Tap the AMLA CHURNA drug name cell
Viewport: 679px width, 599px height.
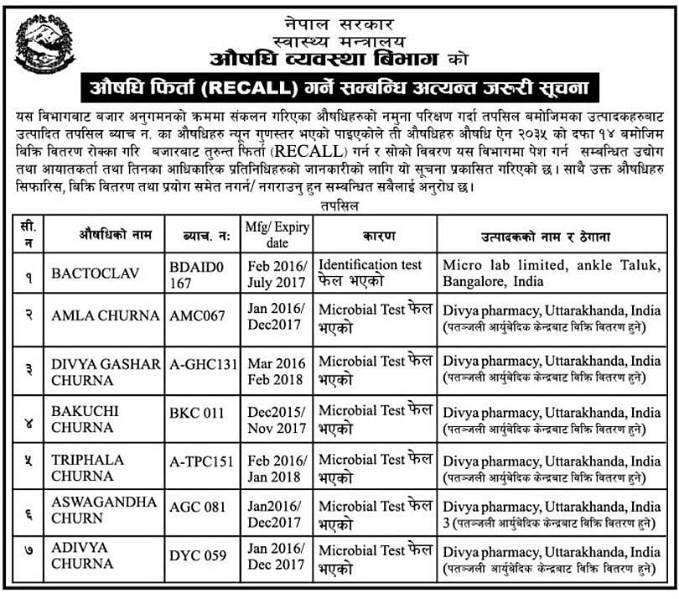coord(105,315)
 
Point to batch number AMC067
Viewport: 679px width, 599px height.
coord(197,315)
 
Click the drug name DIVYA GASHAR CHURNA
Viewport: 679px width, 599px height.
coord(105,371)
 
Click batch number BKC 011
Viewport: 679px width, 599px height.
coord(198,412)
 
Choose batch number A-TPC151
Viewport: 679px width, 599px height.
coord(202,461)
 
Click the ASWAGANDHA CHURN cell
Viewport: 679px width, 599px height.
coord(104,509)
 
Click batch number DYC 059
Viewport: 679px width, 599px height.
coord(198,555)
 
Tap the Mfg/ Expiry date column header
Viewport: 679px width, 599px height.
coord(277,234)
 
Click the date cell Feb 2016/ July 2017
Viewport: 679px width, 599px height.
coord(277,273)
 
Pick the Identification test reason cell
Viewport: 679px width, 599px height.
coord(371,273)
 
